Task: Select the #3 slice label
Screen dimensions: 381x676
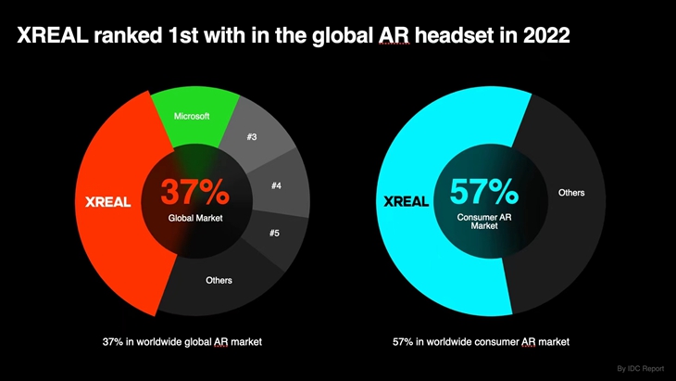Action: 252,137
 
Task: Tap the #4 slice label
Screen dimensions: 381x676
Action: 277,185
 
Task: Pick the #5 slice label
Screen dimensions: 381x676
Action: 274,233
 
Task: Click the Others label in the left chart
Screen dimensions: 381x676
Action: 219,280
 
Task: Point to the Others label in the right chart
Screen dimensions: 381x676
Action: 571,193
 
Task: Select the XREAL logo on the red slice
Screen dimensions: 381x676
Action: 107,202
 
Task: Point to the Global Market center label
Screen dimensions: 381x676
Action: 195,218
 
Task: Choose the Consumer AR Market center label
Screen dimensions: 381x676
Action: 484,222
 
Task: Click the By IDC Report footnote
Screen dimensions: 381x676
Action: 640,368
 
